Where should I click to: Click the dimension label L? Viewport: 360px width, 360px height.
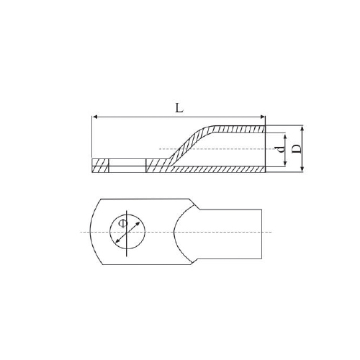click(179, 108)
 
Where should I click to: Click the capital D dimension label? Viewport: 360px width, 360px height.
click(297, 149)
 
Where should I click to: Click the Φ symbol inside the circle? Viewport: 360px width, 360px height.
click(123, 223)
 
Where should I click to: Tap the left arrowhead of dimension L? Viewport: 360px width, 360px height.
click(94, 117)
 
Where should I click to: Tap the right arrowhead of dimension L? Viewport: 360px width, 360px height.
click(262, 117)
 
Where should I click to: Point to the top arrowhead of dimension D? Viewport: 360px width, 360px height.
click(302, 128)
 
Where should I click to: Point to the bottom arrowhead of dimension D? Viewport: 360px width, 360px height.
click(302, 169)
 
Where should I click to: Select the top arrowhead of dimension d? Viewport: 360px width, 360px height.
click(285, 138)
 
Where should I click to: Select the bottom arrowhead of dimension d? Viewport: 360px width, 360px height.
click(285, 163)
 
